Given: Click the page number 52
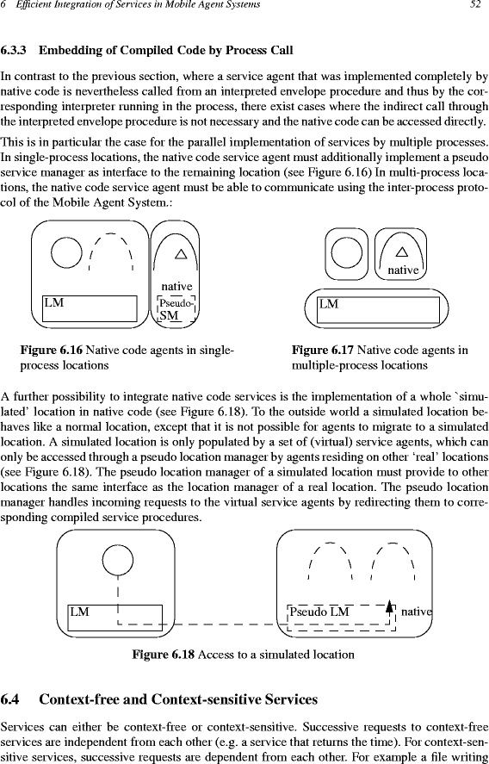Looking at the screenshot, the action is pos(475,5).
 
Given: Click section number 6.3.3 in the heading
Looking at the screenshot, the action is pos(13,50).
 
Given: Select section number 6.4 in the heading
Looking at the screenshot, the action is pos(9,699).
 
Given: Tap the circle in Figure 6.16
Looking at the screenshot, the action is pos(66,252).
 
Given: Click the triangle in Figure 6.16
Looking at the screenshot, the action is pos(181,253).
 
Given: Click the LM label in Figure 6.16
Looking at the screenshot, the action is pos(54,302).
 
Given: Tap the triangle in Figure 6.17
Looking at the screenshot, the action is pos(402,252).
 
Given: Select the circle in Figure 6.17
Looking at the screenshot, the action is pos(346,253).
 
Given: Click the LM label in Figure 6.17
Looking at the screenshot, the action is pos(329,305).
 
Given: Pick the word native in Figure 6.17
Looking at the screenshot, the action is pos(403,270).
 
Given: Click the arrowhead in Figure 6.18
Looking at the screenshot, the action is pos(389,606).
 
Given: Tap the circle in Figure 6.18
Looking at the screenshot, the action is pos(118,560).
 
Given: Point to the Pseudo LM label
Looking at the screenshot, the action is pos(319,612).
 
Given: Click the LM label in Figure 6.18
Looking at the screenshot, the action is pos(79,612).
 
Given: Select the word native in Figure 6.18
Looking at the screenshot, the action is pos(417,612).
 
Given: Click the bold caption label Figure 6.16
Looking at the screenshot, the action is pos(52,350).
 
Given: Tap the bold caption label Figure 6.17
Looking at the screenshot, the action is pos(324,350).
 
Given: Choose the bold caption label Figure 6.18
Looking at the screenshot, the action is pos(164,654).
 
